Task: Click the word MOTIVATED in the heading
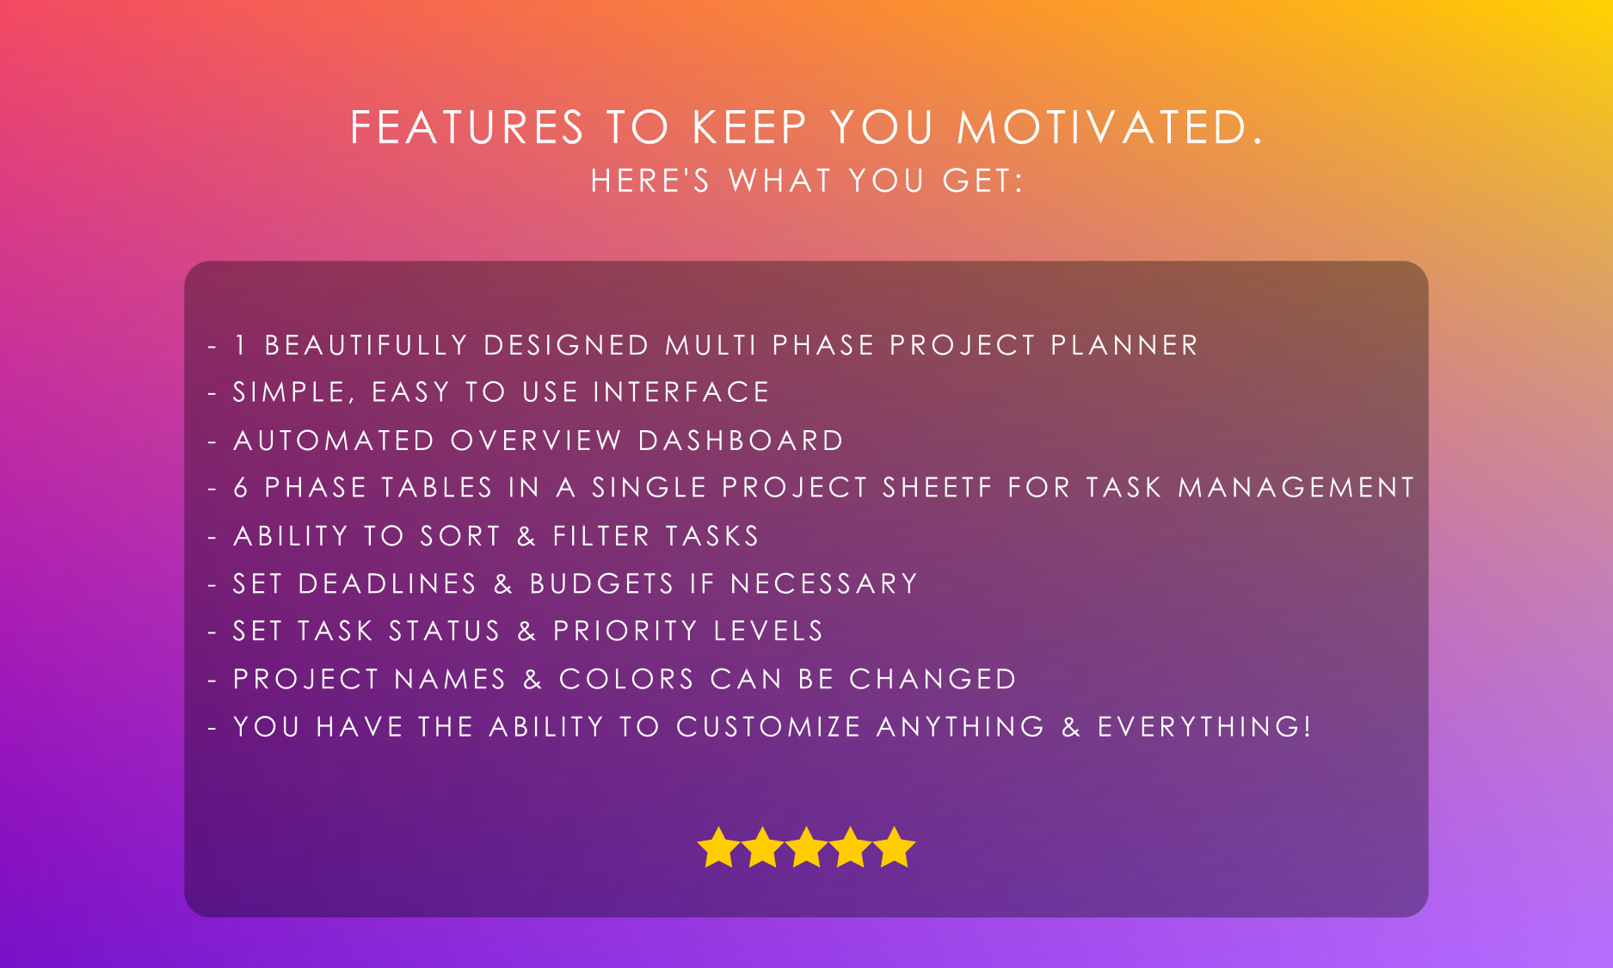click(x=1110, y=127)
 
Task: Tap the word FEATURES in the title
click(x=467, y=127)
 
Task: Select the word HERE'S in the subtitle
click(x=650, y=181)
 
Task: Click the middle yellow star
click(x=806, y=848)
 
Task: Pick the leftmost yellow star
click(x=718, y=848)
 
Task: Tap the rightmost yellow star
click(x=895, y=848)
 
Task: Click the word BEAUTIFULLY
click(x=366, y=345)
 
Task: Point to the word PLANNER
click(x=1124, y=345)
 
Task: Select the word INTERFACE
click(x=681, y=392)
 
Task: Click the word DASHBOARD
click(x=741, y=441)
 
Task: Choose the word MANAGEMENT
click(x=1296, y=488)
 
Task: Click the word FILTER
click(x=601, y=536)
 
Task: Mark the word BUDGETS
click(x=601, y=583)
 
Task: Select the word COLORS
click(x=626, y=679)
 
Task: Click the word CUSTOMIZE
click(x=768, y=726)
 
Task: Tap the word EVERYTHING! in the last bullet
click(x=1204, y=726)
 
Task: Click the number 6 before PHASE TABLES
click(x=241, y=488)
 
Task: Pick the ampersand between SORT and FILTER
click(x=526, y=536)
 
